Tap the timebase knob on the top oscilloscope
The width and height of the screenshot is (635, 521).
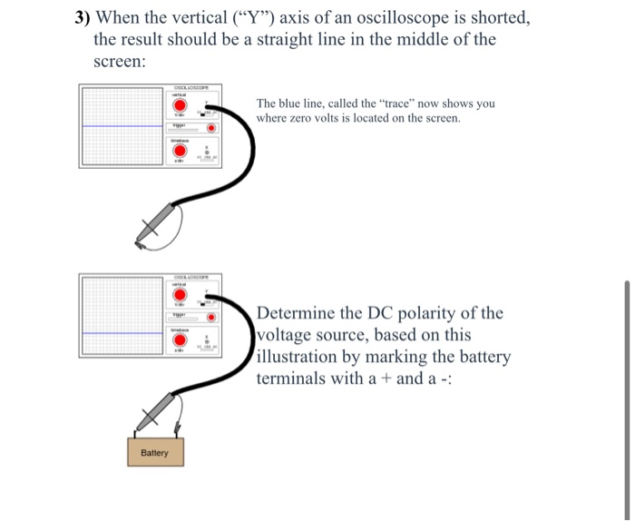pyautogui.click(x=181, y=152)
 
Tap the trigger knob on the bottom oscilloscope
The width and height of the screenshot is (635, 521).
pyautogui.click(x=211, y=317)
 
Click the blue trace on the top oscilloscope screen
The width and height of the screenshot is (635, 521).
pyautogui.click(x=118, y=126)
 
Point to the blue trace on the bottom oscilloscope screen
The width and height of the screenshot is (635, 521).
pyautogui.click(x=118, y=331)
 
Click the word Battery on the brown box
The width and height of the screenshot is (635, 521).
pyautogui.click(x=154, y=452)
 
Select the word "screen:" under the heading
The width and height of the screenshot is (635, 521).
pyautogui.click(x=119, y=62)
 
